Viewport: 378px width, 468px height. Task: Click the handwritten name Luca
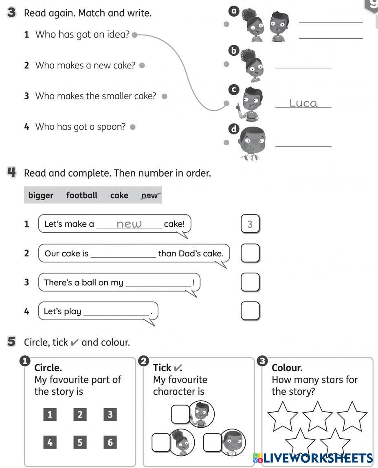(x=303, y=103)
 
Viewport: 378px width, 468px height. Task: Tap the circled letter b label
(x=234, y=50)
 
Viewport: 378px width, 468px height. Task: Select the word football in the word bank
(x=81, y=195)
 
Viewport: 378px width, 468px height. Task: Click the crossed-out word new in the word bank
(x=149, y=196)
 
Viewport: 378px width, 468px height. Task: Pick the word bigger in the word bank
(x=41, y=195)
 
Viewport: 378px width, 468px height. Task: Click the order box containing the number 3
(x=250, y=224)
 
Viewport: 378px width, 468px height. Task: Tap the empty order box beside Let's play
(x=250, y=311)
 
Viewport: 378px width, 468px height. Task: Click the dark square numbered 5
(x=80, y=442)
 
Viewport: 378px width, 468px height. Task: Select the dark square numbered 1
(x=50, y=415)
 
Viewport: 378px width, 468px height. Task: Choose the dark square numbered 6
(x=110, y=442)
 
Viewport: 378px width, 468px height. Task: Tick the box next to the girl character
(x=160, y=442)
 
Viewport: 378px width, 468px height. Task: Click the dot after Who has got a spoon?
(x=132, y=127)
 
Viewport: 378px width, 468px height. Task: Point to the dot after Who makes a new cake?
(x=142, y=65)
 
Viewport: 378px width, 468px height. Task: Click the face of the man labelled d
(x=252, y=140)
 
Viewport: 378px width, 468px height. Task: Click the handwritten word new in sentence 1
(x=129, y=224)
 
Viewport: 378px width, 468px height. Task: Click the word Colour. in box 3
(x=287, y=368)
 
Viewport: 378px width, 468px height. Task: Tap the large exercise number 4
(x=11, y=173)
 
